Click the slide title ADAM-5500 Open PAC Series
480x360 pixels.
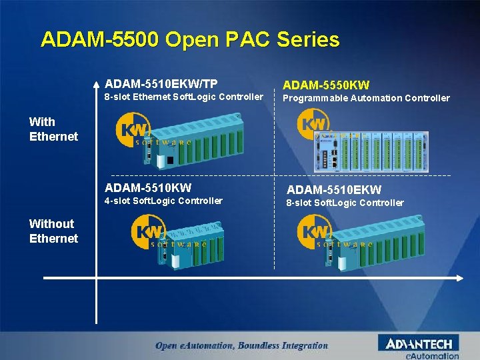(190, 39)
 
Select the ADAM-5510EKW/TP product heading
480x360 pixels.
(161, 84)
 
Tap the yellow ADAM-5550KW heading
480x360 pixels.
(326, 85)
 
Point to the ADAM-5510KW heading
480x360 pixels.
(147, 187)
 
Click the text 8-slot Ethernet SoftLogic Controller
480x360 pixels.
(184, 97)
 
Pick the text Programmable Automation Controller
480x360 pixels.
(367, 98)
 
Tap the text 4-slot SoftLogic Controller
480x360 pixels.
(164, 201)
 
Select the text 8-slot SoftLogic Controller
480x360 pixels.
(345, 203)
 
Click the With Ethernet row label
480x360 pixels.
(53, 129)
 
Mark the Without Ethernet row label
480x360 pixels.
(53, 231)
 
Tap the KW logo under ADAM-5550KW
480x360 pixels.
(314, 124)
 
